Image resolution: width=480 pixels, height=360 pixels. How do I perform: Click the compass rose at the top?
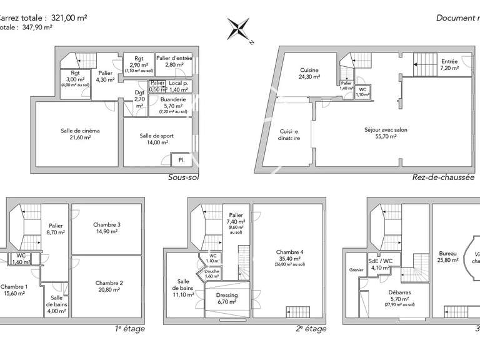(x=239, y=29)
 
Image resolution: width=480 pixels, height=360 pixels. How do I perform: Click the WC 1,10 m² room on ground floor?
(x=362, y=91)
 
